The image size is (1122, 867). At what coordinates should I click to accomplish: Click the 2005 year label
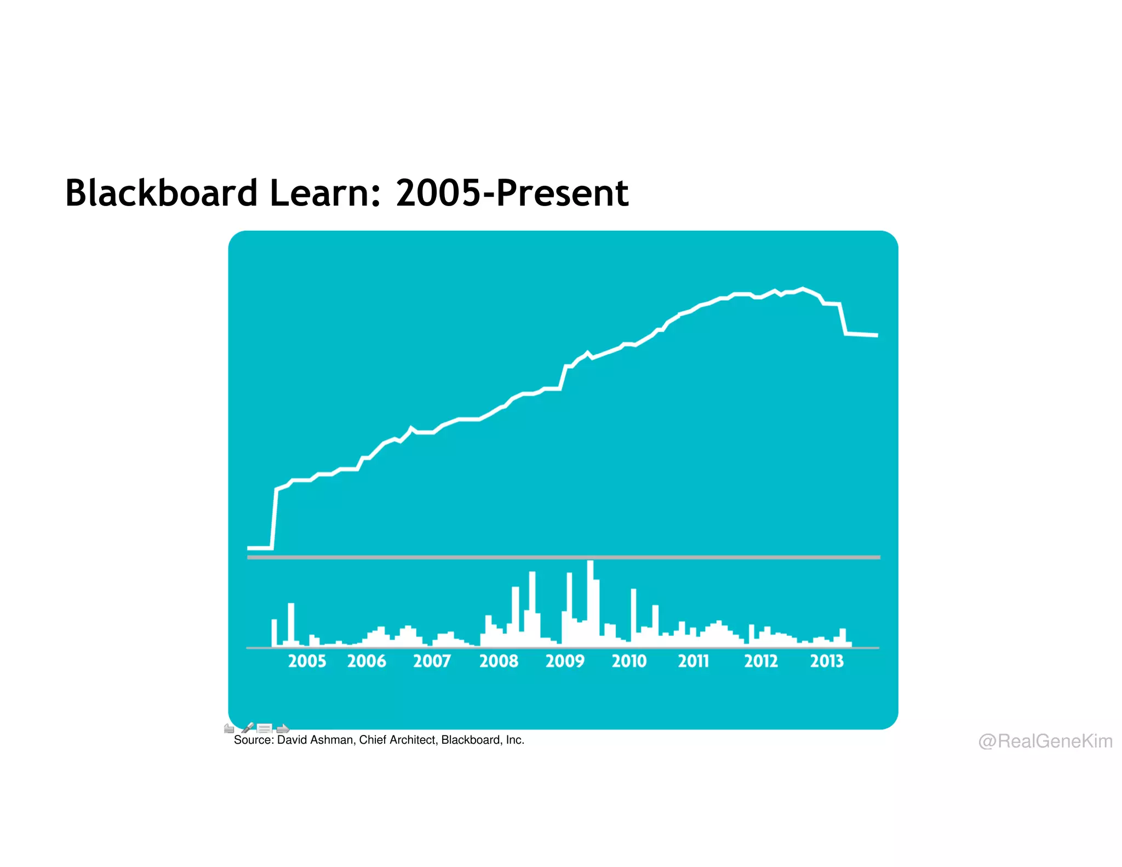(x=307, y=661)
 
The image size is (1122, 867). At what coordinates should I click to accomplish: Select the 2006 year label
(x=367, y=661)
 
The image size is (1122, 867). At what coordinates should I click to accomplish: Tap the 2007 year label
(x=432, y=661)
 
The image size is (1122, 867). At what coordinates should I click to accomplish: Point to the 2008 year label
(x=499, y=661)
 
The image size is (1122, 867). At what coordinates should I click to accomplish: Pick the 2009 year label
(x=565, y=661)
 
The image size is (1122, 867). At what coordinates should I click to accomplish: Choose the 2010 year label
(x=629, y=661)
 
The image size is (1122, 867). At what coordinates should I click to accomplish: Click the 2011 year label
(x=694, y=661)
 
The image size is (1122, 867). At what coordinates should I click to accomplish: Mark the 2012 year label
(x=761, y=661)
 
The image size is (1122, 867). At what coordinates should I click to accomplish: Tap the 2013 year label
(x=827, y=661)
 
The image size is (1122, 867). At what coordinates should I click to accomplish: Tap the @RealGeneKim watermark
(x=1045, y=741)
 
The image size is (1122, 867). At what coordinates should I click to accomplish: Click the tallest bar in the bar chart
(x=589, y=603)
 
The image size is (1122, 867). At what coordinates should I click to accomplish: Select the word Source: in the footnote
(x=254, y=740)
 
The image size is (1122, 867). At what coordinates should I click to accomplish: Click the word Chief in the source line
(x=371, y=740)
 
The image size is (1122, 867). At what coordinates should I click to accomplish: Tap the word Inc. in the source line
(x=515, y=740)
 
